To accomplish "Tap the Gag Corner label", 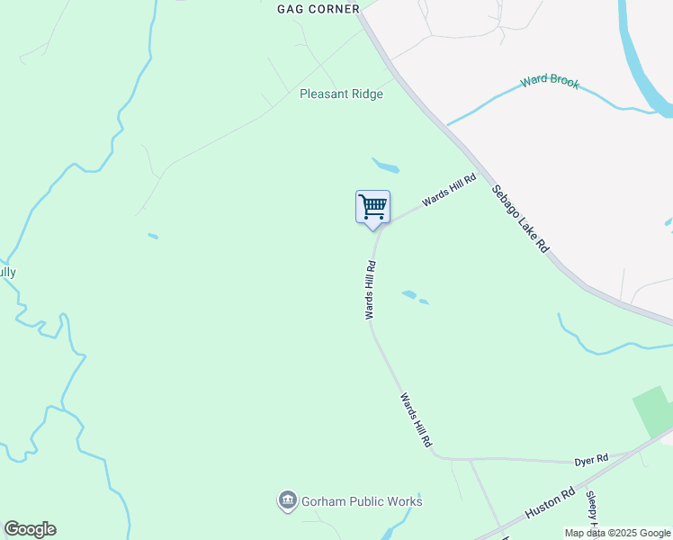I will [x=318, y=8].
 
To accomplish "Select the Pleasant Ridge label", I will [x=341, y=94].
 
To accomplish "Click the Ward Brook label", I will [x=549, y=82].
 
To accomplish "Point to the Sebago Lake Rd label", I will [x=520, y=218].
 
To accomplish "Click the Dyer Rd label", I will [x=591, y=459].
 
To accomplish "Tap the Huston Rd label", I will [x=550, y=502].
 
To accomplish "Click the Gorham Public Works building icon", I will [x=288, y=500].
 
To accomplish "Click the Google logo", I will [x=30, y=529].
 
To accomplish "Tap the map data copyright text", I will [x=617, y=533].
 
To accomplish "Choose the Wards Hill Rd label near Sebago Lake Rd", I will [x=448, y=190].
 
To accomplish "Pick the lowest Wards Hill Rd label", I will [x=417, y=420].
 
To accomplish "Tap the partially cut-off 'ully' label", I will [x=8, y=272].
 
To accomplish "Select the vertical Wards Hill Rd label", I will [x=370, y=290].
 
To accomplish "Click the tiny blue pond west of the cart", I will [x=153, y=237].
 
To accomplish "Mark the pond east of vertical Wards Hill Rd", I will [x=410, y=294].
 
